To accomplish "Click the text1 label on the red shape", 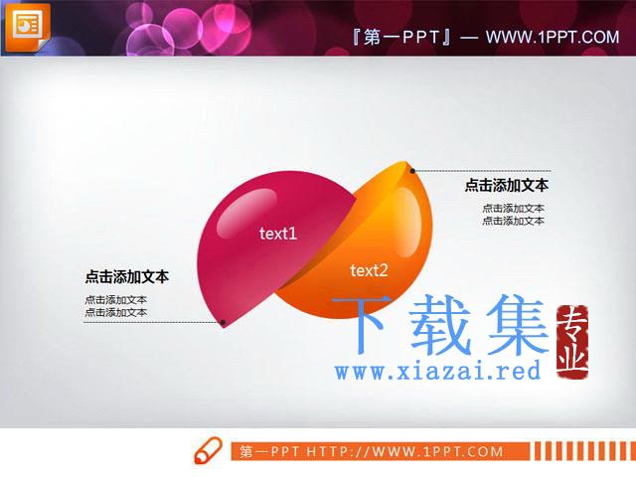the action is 278,234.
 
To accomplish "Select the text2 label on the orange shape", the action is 369,270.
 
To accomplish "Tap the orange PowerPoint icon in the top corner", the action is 27,26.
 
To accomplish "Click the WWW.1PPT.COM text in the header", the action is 553,38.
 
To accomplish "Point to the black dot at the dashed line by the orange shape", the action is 412,171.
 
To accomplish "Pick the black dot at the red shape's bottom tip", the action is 223,322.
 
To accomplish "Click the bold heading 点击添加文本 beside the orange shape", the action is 507,186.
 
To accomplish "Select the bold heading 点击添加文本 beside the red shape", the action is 126,276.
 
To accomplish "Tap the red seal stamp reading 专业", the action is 572,342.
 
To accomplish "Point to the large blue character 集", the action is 518,324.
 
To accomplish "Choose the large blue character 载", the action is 441,324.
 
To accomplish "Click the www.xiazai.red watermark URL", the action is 437,371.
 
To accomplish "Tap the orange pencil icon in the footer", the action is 209,450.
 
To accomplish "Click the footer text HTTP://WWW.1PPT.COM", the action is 404,451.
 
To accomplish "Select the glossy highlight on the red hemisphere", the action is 246,213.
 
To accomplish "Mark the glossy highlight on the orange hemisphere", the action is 407,222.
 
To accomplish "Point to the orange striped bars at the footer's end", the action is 585,451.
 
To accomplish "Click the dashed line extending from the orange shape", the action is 482,171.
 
